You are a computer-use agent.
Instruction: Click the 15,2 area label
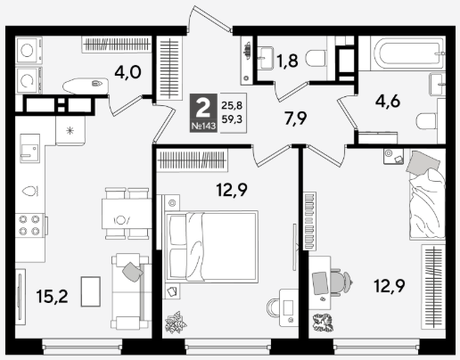(52, 296)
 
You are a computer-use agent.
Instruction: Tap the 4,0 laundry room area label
(127, 72)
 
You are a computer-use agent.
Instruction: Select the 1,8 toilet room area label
(287, 61)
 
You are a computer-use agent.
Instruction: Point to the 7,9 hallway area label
(295, 119)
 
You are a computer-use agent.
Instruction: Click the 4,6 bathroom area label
(388, 102)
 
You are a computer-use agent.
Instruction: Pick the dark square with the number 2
(203, 113)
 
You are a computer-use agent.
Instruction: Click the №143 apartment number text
(203, 126)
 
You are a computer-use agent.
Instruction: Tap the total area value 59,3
(232, 119)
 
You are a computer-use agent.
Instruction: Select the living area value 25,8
(232, 105)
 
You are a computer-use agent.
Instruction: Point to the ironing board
(86, 86)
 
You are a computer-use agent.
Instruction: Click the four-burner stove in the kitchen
(29, 225)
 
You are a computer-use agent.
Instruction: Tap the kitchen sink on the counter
(29, 148)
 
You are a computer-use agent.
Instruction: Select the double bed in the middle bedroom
(212, 246)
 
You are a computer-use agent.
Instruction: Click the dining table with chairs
(127, 214)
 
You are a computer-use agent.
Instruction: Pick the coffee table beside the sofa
(91, 291)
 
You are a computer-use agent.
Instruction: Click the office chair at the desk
(341, 282)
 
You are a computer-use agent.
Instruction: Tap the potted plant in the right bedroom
(323, 323)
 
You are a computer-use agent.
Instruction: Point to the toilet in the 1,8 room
(316, 59)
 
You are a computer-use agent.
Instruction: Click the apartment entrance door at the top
(209, 18)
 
